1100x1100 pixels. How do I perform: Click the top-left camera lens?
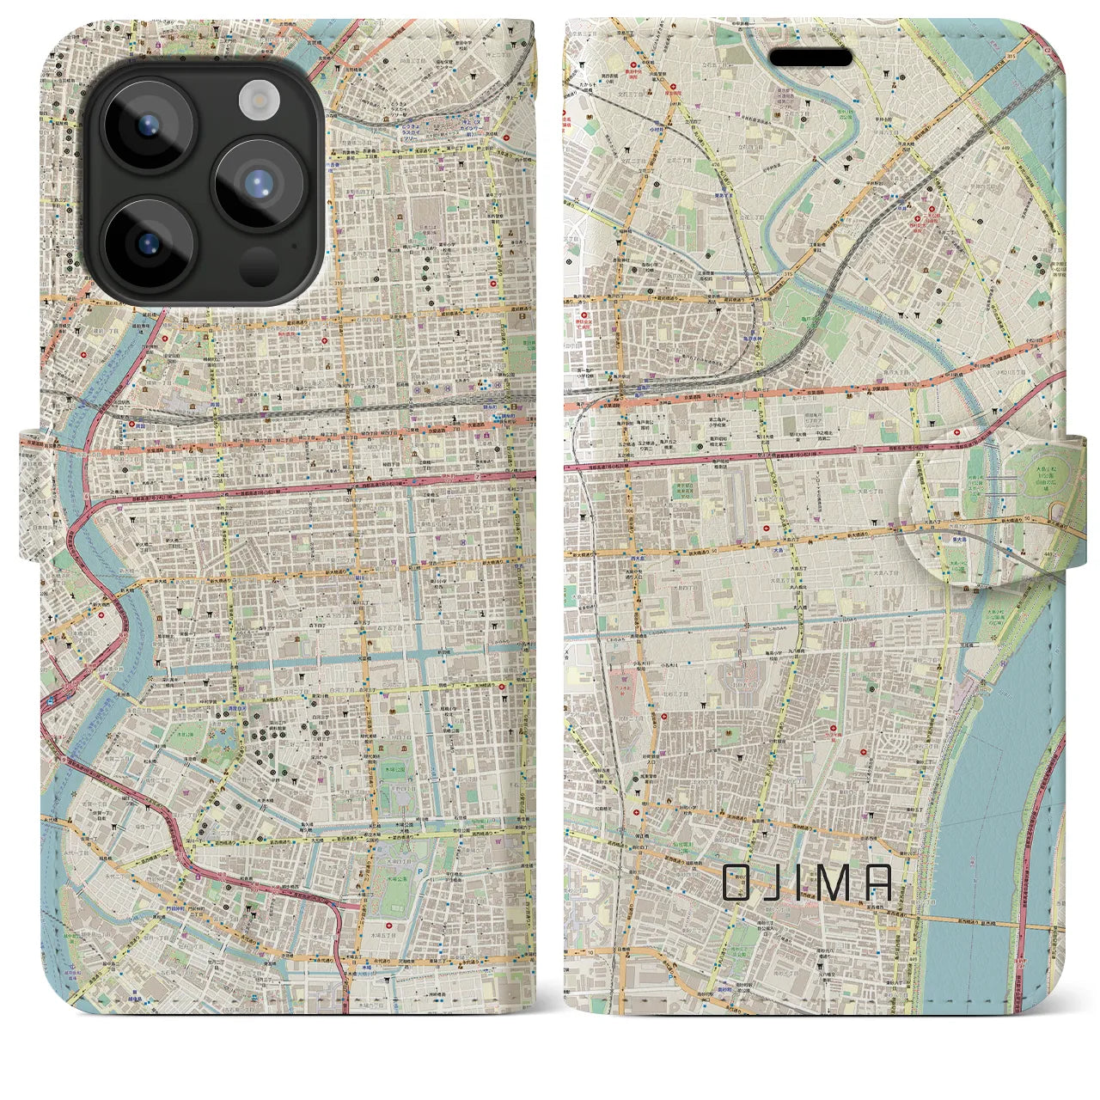[x=148, y=125]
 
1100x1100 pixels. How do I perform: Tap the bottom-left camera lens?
[x=148, y=243]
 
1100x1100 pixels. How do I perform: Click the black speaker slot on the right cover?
[x=810, y=58]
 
